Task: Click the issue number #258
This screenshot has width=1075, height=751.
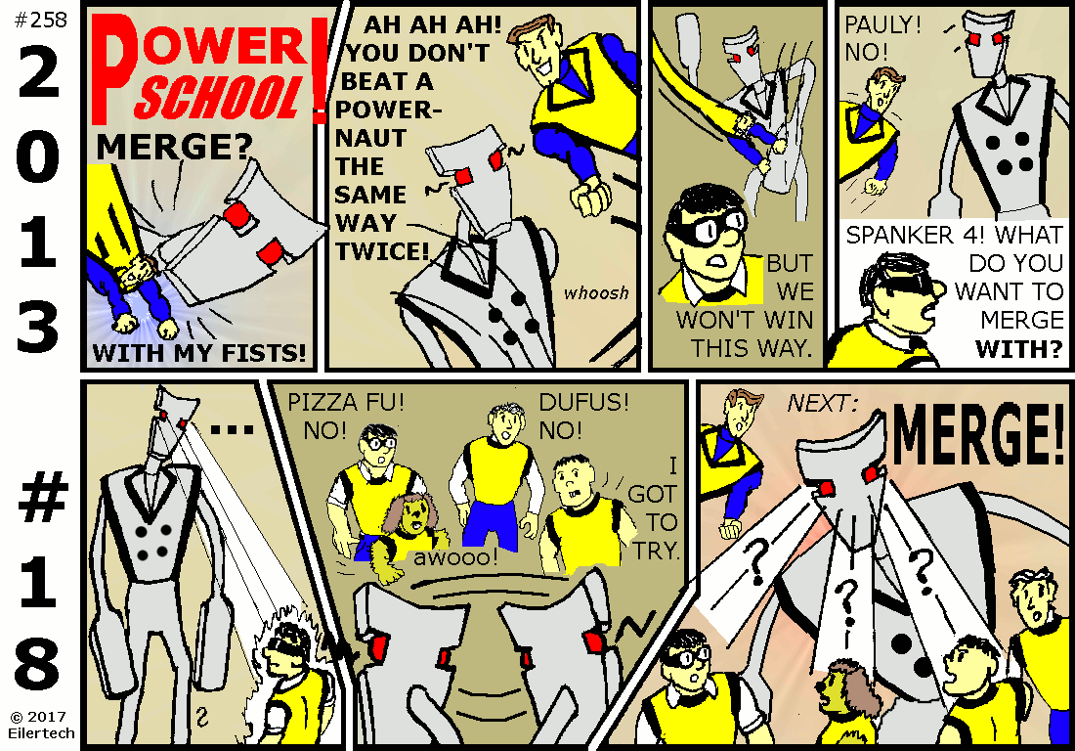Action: (x=40, y=20)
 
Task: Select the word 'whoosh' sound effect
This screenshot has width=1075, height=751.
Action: (x=596, y=293)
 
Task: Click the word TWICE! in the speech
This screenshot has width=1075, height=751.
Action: (x=382, y=251)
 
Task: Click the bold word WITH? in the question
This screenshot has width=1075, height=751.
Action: (x=1019, y=348)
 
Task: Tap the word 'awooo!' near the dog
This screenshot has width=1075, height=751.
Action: (x=455, y=556)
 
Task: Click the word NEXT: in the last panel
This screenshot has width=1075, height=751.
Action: (x=822, y=403)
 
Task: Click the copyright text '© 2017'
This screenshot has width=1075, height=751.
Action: (x=38, y=718)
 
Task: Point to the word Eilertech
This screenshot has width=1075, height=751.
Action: (x=41, y=733)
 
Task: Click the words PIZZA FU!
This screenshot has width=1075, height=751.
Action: (x=346, y=402)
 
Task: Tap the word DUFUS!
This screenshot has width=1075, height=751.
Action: (x=583, y=402)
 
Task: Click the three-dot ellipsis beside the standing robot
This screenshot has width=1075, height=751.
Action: (x=233, y=430)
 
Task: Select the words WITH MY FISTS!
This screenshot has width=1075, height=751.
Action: (x=199, y=353)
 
